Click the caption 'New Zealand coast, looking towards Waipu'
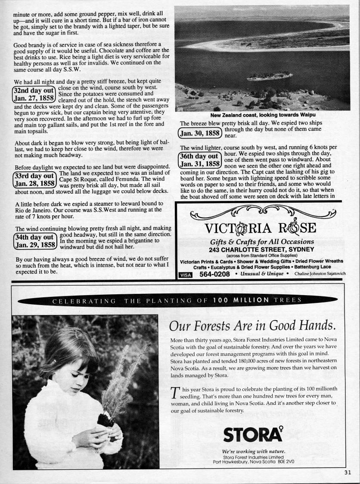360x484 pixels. [263, 115]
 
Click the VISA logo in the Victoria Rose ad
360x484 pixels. [185, 274]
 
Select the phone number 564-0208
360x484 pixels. [215, 274]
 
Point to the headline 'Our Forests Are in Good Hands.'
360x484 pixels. [253, 324]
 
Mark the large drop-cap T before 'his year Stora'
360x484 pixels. [174, 393]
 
